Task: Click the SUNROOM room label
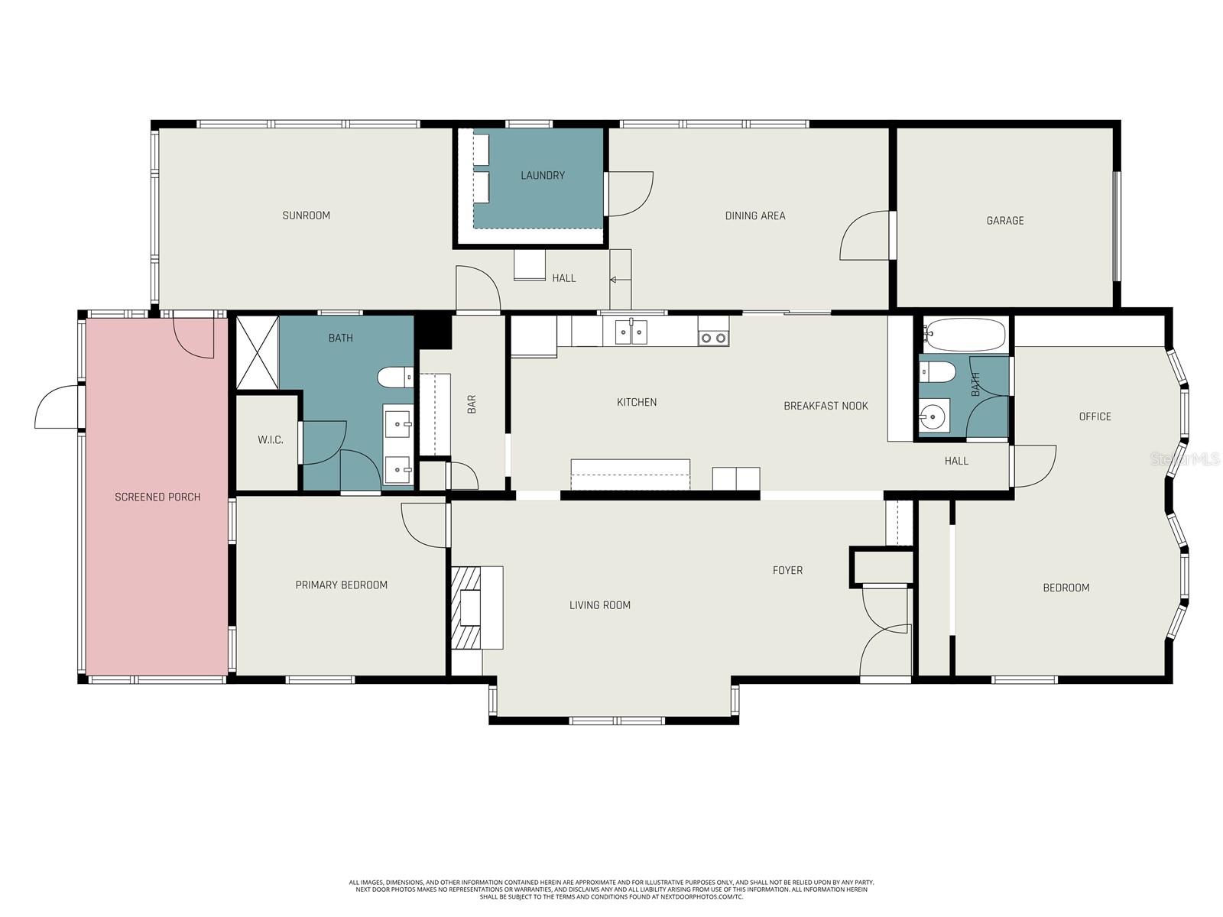tap(306, 215)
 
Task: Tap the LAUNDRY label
tap(543, 176)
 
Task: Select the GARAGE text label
tap(1004, 221)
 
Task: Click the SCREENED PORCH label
tap(157, 497)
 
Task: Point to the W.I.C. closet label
tap(270, 440)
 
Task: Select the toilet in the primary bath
tap(395, 377)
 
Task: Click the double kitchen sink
tap(632, 332)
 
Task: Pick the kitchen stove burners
tap(713, 337)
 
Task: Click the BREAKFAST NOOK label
tap(826, 406)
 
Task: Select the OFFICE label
tap(1095, 416)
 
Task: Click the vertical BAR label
tap(472, 404)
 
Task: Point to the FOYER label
tap(787, 570)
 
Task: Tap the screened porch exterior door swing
tap(57, 408)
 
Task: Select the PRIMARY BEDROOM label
tap(341, 585)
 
